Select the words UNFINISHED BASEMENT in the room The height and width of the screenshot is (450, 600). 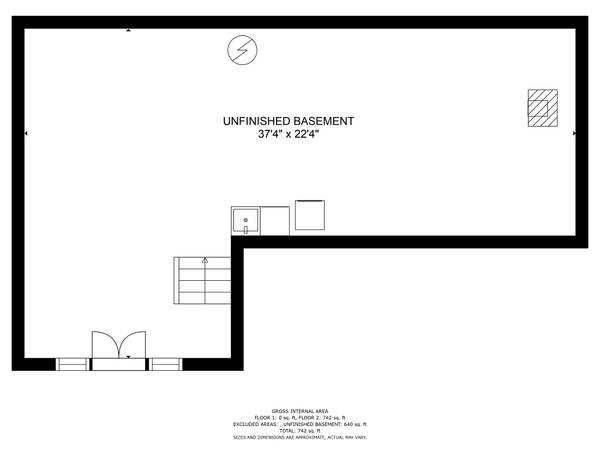coord(288,121)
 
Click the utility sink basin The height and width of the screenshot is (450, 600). coord(246,219)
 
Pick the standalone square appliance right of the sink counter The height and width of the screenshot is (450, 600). coord(309,216)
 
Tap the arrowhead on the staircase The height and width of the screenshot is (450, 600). coord(205,260)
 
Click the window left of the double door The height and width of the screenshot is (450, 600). coord(72,364)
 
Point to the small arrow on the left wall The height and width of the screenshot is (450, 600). coord(26,133)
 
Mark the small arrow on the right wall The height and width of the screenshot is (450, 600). coord(573,133)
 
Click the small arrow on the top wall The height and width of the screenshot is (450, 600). coord(128,31)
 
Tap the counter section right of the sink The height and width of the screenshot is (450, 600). coord(275,219)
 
